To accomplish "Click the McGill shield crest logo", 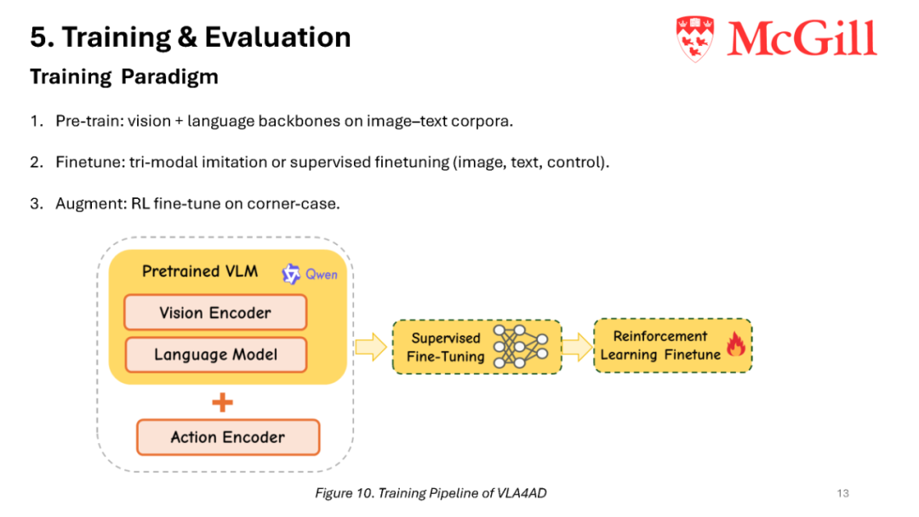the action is click(695, 38).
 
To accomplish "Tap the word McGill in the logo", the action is click(802, 38).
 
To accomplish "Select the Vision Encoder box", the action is click(215, 313).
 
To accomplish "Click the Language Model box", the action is click(215, 355).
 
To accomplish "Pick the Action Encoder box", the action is click(228, 437).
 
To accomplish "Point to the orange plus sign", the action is click(222, 402).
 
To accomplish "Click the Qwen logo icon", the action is click(291, 274).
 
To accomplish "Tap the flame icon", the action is click(735, 344).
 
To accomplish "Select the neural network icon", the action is click(521, 346).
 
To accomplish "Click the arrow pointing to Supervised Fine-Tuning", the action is click(371, 347).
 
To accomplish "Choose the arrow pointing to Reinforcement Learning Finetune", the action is click(577, 347).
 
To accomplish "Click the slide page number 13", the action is click(842, 493).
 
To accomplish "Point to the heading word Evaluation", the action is click(277, 37).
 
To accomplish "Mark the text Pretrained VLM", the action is click(200, 271).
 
